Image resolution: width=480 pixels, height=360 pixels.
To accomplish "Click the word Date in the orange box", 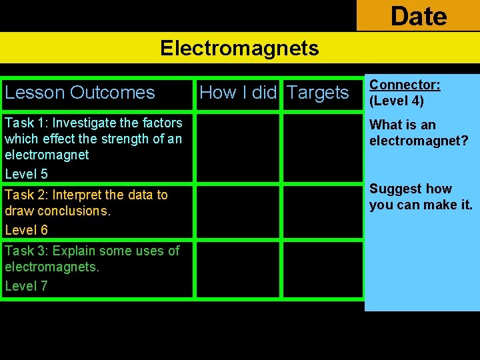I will pos(418,15).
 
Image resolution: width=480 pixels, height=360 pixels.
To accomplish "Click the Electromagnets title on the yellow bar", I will pos(239,48).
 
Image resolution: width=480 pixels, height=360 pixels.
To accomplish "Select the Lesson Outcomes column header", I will pos(79,93).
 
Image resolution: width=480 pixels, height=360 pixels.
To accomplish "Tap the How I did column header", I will pos(237,93).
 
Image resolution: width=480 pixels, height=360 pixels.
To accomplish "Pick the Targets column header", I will pos(318,93).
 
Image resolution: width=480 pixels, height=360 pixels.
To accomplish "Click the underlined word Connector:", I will pos(405,85).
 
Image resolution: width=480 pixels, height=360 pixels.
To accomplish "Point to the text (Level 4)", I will pos(397,102).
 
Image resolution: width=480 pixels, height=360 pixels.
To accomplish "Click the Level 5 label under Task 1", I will pos(26,174).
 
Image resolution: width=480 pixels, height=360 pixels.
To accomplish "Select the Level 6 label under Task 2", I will pos(26,230).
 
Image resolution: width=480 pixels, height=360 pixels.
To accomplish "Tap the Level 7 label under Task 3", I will pos(26,286).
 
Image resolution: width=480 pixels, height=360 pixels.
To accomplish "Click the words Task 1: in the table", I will pos(26,123).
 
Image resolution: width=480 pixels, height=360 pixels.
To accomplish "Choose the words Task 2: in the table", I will pos(26,195).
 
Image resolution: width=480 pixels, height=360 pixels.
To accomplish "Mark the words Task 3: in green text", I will pos(26,251).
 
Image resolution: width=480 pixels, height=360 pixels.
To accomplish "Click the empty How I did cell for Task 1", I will pos(237,148).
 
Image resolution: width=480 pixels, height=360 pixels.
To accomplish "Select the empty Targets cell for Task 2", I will pos(323,212).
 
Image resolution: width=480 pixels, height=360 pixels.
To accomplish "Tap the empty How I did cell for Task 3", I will pos(237,269).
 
